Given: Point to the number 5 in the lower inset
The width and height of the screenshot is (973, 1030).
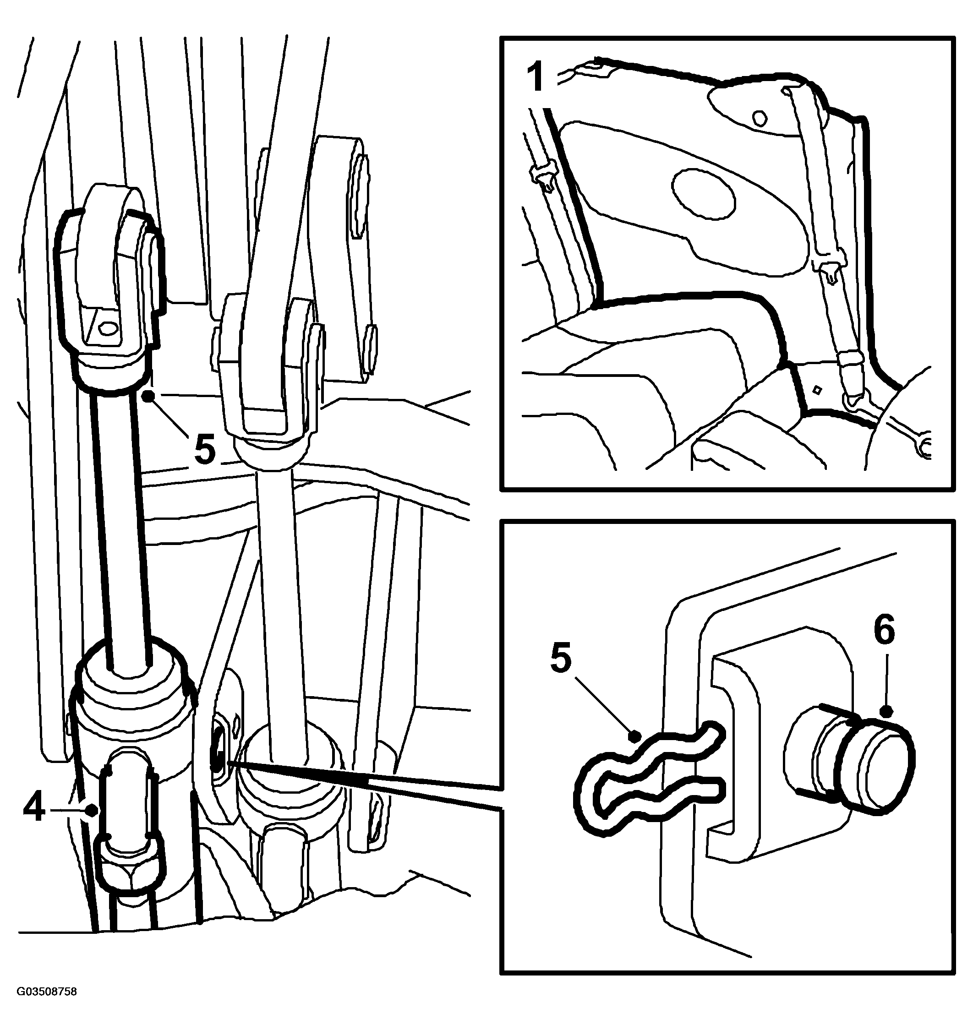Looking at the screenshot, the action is click(561, 657).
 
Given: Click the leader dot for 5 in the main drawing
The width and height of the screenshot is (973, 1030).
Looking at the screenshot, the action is click(149, 396).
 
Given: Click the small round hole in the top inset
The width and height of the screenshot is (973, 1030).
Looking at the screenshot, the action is click(760, 118).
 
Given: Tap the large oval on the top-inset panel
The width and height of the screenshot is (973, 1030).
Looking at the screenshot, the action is click(704, 192).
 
